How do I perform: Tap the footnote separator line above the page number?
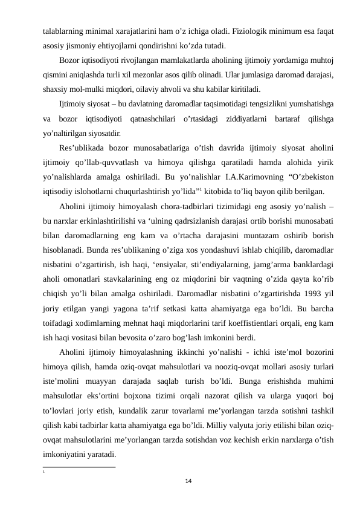point(79,466)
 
